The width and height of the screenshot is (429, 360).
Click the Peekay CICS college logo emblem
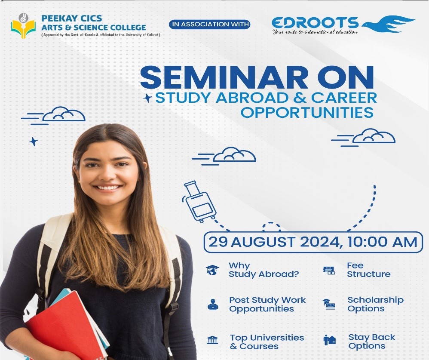pos(23,26)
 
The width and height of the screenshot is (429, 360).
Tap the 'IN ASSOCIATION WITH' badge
pos(210,25)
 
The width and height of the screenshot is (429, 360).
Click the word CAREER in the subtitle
pos(344,98)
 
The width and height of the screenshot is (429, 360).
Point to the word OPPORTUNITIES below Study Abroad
pos(307,112)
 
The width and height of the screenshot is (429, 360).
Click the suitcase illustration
pos(199,201)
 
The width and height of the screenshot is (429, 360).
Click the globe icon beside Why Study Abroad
pos(213,270)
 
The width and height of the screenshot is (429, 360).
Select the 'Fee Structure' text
pos(368,270)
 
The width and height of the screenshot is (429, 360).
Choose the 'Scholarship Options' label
pos(375,304)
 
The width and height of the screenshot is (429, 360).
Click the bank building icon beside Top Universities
pos(213,340)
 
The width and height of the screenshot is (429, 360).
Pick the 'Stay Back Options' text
pos(371,342)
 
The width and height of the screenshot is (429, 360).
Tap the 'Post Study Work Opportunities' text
pos(267,305)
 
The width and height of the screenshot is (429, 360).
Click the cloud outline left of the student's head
pos(64,114)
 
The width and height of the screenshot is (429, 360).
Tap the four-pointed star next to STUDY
pos(148,98)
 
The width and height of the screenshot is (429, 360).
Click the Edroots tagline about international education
pos(315,32)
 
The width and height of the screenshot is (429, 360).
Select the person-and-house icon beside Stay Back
pos(329,340)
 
